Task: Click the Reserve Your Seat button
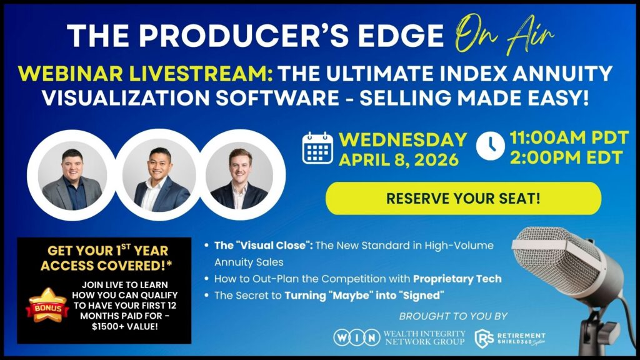pos(463,198)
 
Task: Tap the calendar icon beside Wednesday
pos(317,148)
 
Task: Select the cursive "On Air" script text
pos(504,34)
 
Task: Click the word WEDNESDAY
pos(403,139)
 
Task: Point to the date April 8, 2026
pos(399,159)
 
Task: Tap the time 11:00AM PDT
pos(569,138)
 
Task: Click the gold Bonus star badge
pos(47,305)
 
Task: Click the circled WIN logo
pos(357,337)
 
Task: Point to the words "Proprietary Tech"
pos(457,279)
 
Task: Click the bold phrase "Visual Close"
pos(264,245)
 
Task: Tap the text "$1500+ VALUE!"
pos(125,326)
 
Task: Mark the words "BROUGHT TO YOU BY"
pos(453,316)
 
